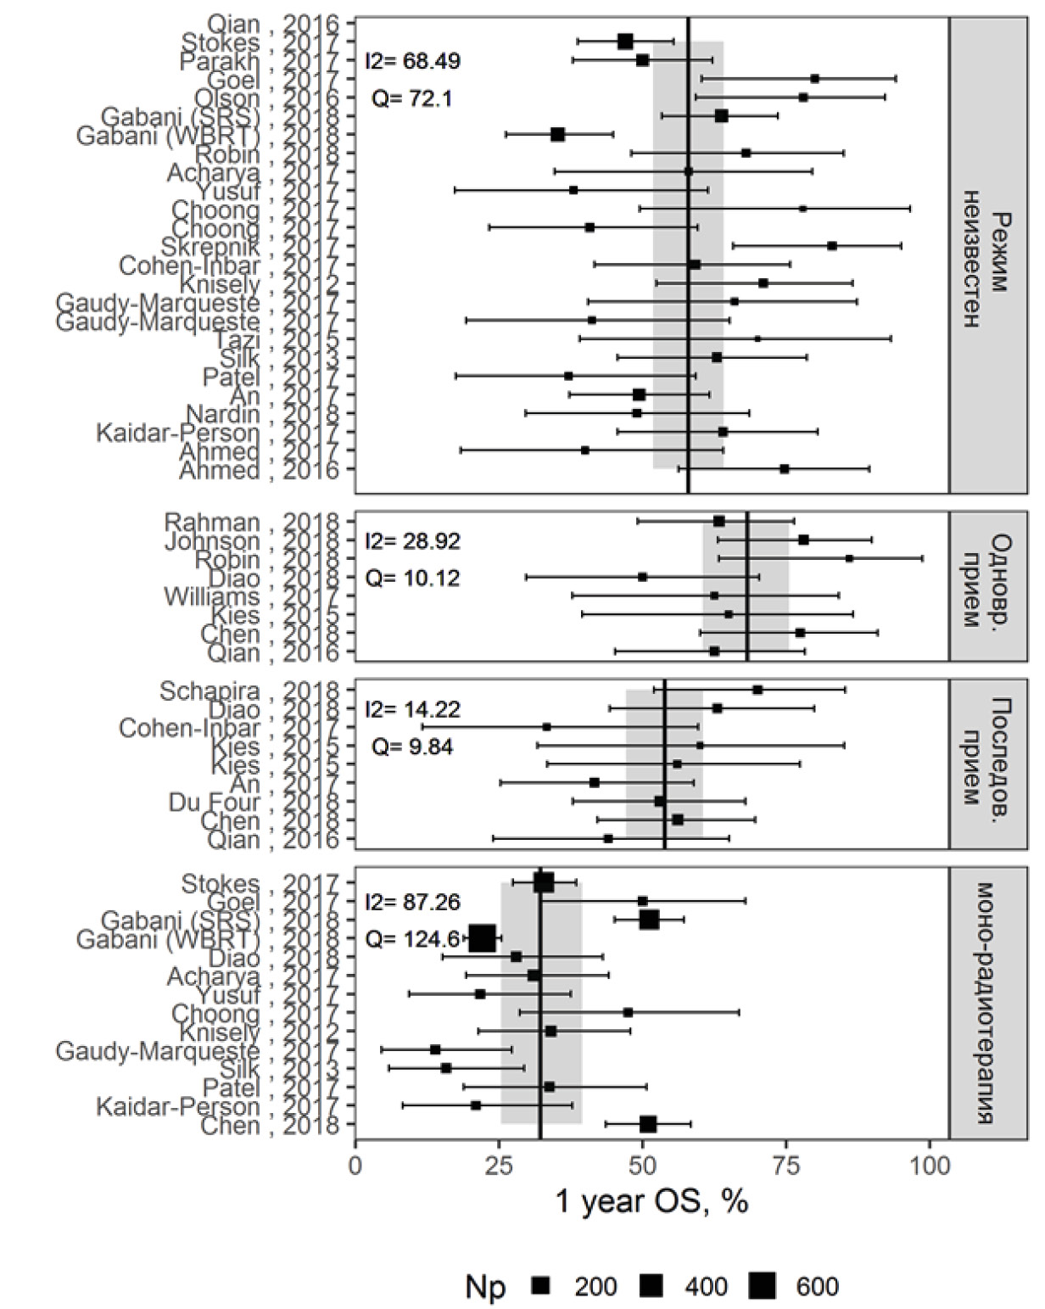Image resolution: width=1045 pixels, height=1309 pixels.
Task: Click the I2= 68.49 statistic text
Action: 412,62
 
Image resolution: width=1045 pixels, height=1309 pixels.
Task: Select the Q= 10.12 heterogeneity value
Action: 412,579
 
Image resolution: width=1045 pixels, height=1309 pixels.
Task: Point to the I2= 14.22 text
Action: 412,709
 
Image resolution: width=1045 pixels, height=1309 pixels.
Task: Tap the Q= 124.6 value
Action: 412,938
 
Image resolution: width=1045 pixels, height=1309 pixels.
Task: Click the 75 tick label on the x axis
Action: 785,1166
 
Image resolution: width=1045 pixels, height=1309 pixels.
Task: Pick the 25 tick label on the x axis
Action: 499,1166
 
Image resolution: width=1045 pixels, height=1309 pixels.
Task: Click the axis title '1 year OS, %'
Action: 651,1202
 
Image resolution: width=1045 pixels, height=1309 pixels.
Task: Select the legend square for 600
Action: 763,1286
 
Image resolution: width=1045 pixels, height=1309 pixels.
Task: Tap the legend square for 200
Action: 541,1286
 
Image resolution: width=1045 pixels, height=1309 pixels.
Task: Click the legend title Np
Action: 485,1287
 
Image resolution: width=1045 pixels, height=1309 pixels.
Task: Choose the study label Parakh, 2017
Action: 260,62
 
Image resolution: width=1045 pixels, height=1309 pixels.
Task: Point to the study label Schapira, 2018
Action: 252,691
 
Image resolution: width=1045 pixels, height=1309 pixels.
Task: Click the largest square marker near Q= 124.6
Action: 482,938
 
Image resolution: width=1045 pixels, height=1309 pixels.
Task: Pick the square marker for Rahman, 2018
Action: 719,521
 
